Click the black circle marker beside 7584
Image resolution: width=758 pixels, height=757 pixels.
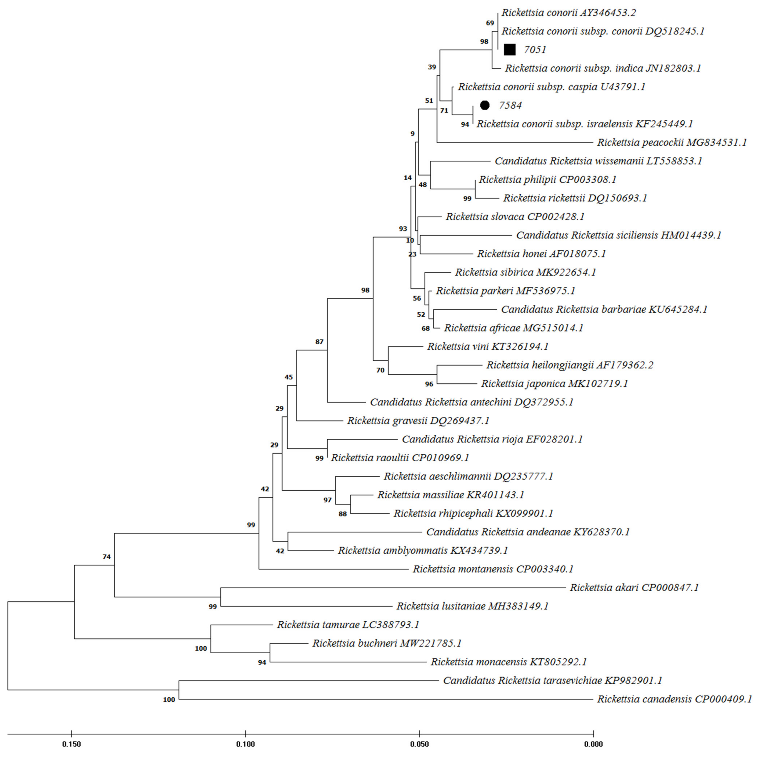(x=485, y=105)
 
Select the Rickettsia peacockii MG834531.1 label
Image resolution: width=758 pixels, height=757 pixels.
(x=672, y=142)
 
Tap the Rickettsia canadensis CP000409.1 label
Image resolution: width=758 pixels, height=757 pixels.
(x=674, y=699)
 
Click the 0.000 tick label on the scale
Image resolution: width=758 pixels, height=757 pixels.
(x=593, y=744)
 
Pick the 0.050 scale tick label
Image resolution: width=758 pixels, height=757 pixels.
(x=419, y=744)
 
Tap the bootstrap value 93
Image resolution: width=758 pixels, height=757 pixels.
(x=403, y=228)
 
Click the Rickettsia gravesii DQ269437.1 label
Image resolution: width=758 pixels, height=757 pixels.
(x=418, y=421)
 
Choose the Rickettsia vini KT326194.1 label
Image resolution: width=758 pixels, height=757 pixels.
(x=488, y=347)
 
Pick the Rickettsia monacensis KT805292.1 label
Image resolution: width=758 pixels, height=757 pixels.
(x=509, y=662)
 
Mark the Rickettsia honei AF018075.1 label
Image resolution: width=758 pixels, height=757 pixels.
(x=541, y=253)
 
